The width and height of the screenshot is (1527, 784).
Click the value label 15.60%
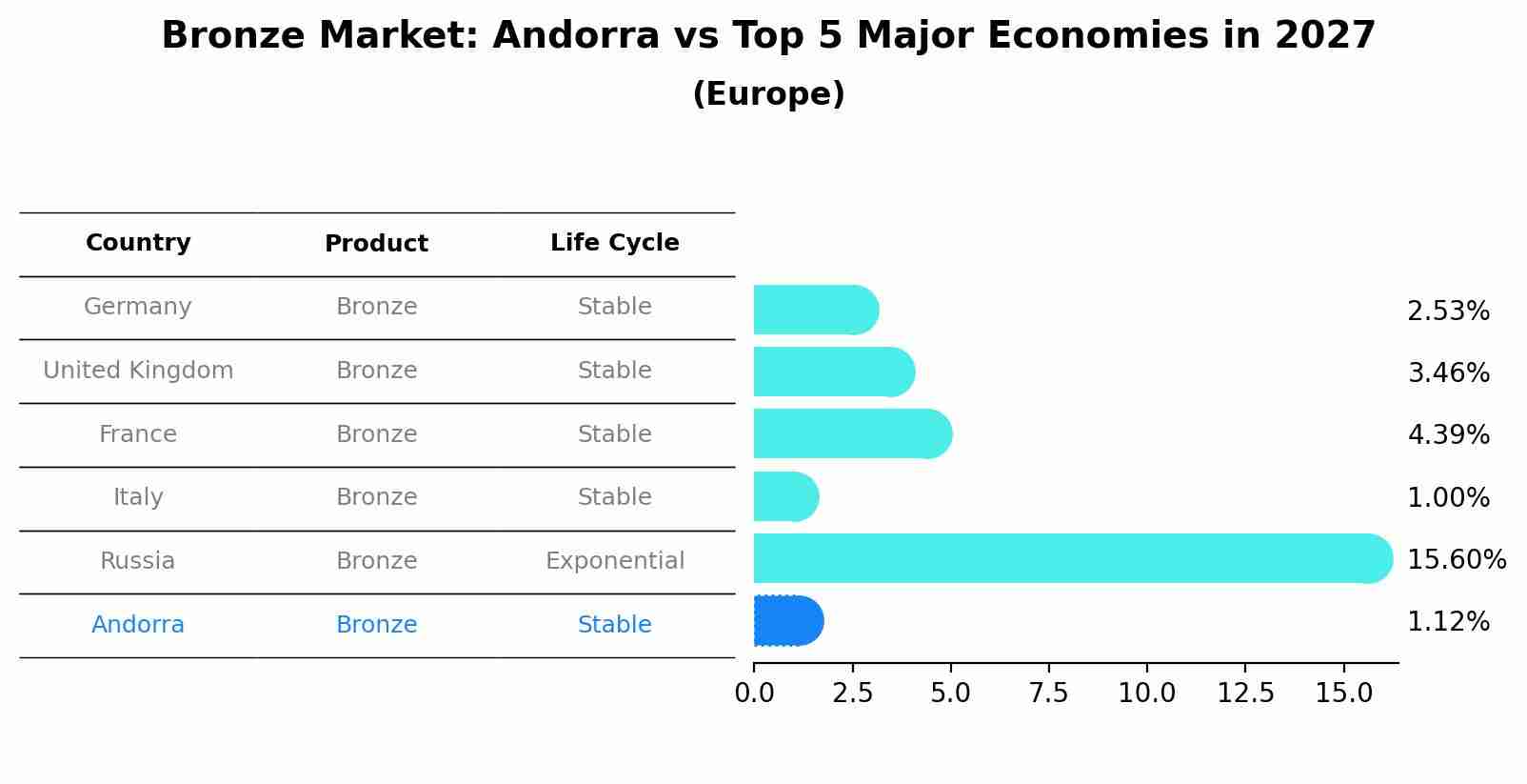[x=1456, y=560]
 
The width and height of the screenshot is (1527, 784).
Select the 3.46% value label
[x=1448, y=372]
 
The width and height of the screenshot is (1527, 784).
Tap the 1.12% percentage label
[x=1448, y=622]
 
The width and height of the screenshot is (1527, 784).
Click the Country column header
[x=138, y=243]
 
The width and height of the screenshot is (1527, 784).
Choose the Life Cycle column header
[x=614, y=243]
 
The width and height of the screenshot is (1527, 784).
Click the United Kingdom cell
[x=138, y=371]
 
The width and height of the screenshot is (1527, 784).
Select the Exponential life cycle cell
[x=614, y=561]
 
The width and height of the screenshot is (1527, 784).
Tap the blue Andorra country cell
[x=138, y=625]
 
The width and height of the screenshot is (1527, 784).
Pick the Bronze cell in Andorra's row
[x=376, y=625]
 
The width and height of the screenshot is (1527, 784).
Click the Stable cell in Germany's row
[x=614, y=307]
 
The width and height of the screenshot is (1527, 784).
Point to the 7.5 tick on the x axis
[x=1048, y=694]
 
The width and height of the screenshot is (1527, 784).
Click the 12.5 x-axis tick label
[x=1245, y=694]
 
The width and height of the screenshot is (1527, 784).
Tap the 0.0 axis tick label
[x=754, y=694]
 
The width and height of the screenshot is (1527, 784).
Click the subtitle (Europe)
[x=768, y=94]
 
